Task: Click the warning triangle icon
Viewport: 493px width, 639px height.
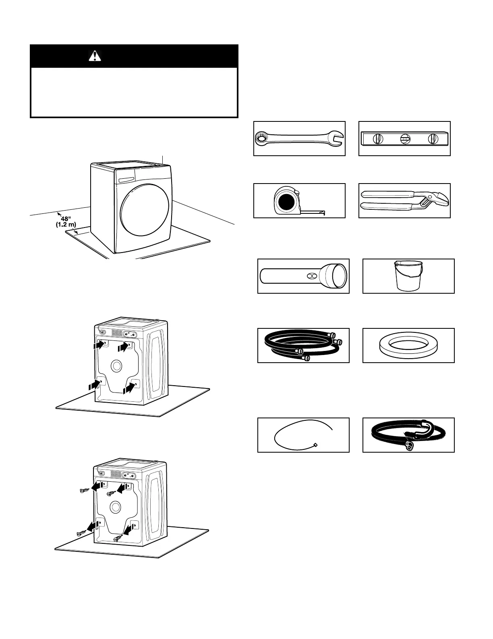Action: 95,56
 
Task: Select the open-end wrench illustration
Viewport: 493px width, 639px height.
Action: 299,139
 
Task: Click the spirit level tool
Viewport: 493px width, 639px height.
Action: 404,139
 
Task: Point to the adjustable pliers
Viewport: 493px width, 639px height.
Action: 404,201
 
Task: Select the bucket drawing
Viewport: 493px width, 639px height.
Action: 408,276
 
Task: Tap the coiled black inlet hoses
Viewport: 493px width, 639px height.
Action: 303,345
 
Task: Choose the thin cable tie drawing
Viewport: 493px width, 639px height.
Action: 303,434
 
